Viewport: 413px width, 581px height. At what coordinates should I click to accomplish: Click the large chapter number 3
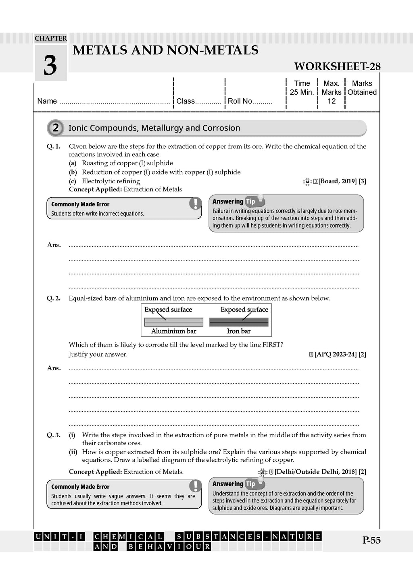(50, 65)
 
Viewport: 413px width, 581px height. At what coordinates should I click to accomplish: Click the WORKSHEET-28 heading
(337, 66)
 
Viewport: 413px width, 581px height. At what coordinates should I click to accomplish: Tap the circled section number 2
(55, 128)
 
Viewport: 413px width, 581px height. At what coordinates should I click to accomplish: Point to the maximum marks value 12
(332, 101)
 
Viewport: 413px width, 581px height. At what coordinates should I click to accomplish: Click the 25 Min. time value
(302, 92)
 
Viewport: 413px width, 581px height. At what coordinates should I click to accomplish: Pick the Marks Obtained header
(362, 88)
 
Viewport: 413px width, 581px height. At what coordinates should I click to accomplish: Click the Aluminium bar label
(173, 331)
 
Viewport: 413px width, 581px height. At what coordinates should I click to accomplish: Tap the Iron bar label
(239, 331)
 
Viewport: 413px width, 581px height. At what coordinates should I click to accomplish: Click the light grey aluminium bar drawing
(173, 322)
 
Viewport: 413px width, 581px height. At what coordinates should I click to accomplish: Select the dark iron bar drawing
(239, 322)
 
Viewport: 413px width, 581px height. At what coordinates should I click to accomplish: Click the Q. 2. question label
(54, 299)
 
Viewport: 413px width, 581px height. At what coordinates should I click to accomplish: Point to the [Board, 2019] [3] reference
(342, 181)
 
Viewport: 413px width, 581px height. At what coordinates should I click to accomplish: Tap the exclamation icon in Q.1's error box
(195, 203)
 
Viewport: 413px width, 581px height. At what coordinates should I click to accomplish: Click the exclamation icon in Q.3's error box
(195, 486)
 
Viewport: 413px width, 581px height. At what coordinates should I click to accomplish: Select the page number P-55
(371, 540)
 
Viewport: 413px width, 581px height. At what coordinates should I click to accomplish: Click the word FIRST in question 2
(273, 345)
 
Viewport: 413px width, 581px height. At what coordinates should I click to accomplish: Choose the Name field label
(47, 101)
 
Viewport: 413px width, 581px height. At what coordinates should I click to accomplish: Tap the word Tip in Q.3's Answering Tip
(250, 484)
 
